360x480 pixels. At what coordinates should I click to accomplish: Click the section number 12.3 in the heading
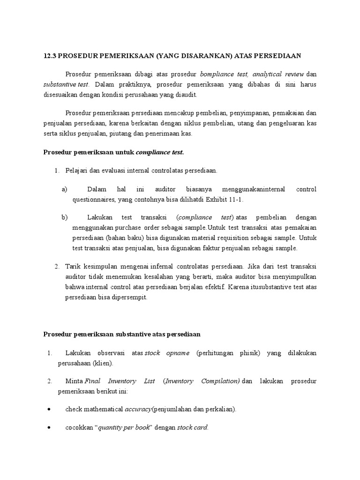(x=49, y=56)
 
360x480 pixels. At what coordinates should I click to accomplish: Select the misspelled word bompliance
(x=219, y=75)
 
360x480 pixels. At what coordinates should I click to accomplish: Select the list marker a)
(x=65, y=189)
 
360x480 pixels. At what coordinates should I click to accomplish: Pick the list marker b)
(x=65, y=217)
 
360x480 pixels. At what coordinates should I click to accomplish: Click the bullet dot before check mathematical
(x=49, y=409)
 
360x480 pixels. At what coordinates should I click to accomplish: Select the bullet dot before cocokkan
(x=49, y=427)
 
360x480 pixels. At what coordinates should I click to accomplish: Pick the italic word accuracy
(x=138, y=409)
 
